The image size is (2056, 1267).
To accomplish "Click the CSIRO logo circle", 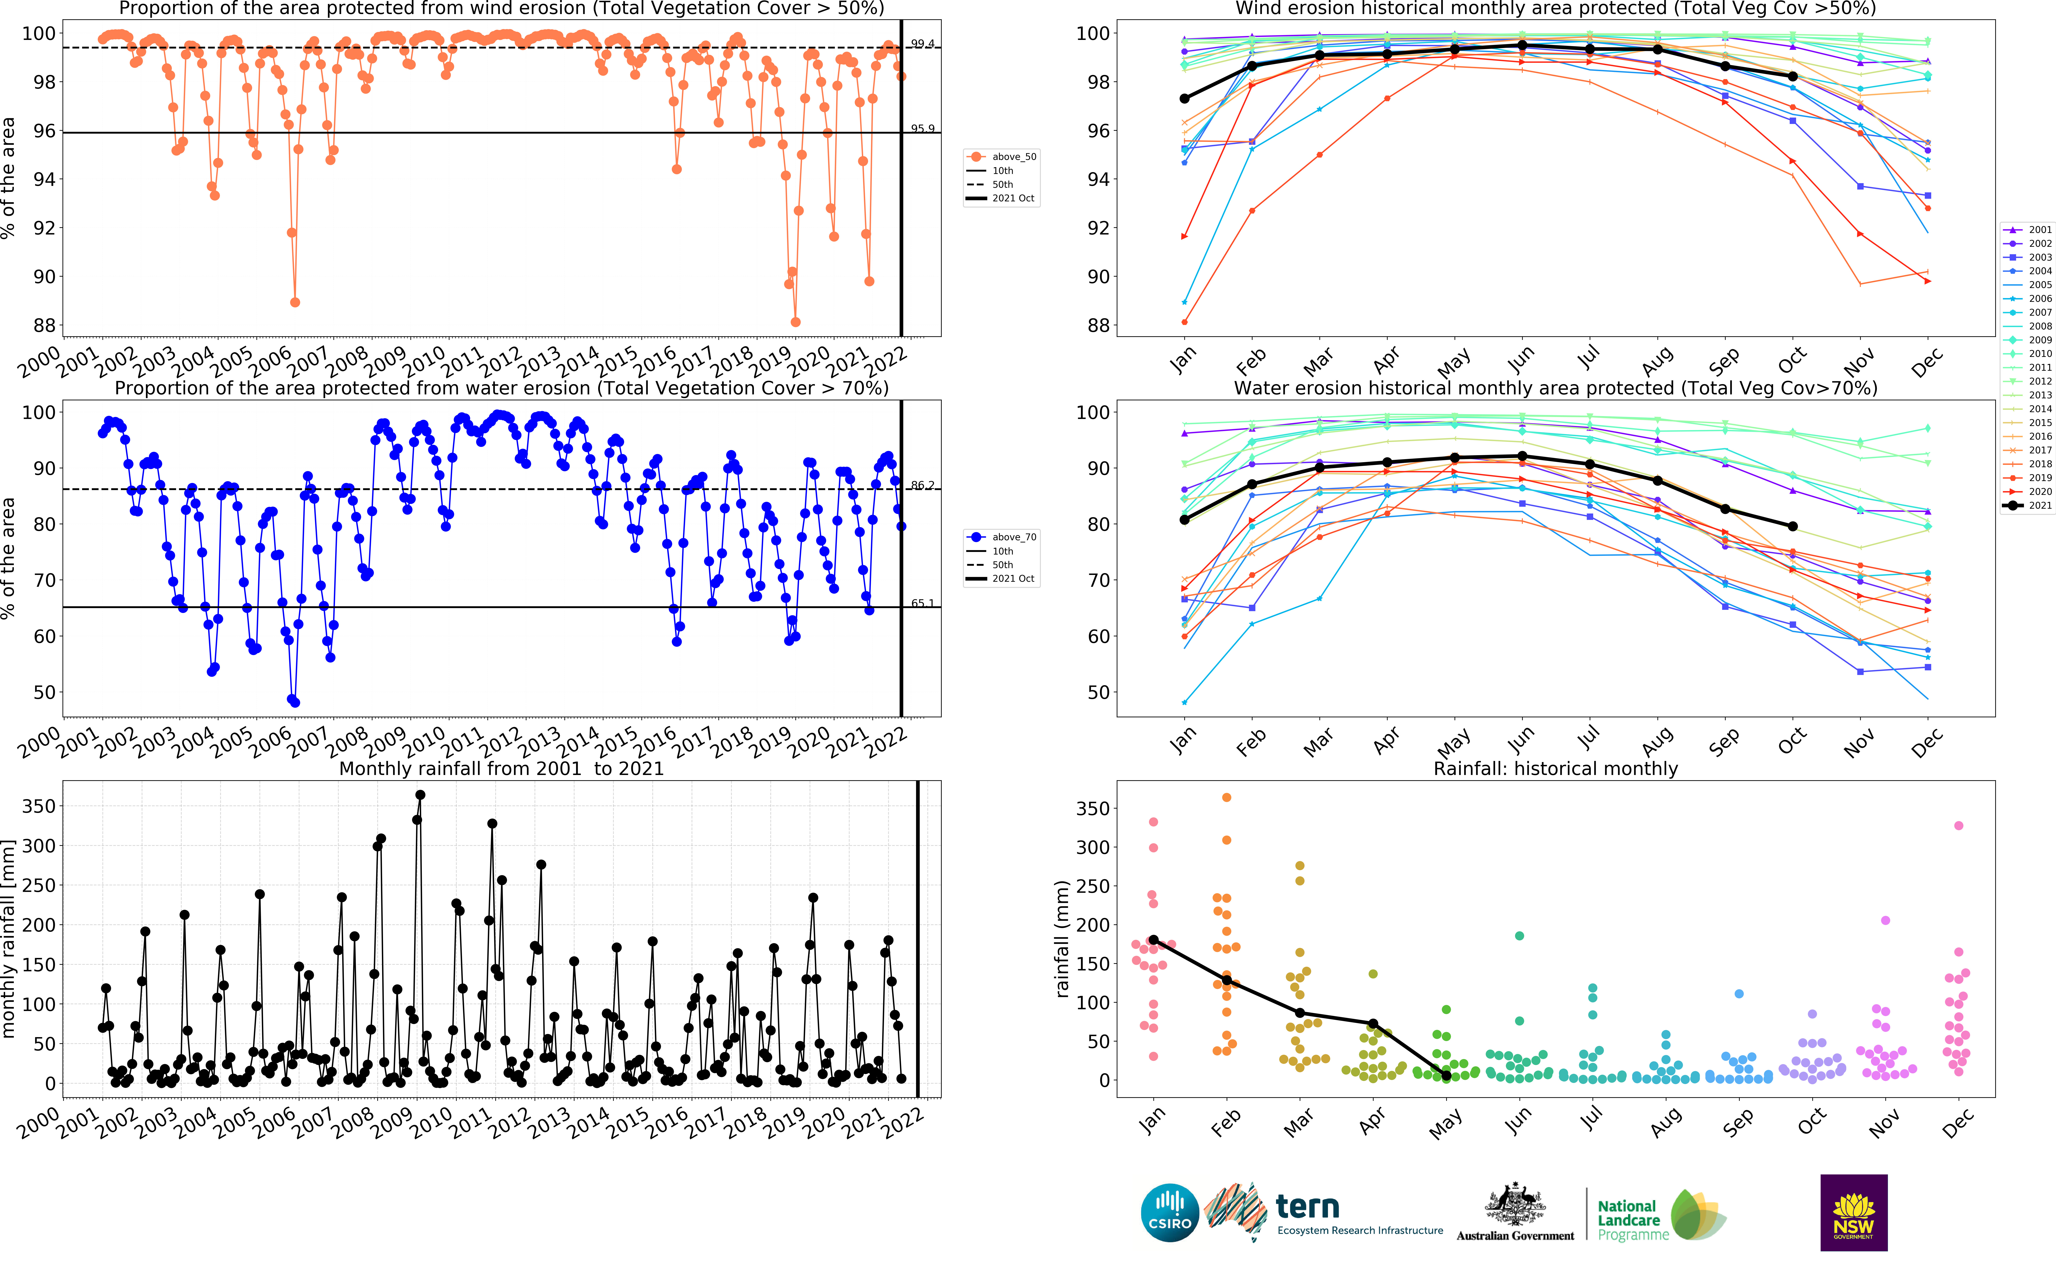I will point(1170,1213).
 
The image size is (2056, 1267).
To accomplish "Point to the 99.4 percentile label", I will point(922,44).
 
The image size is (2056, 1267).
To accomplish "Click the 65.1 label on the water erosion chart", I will point(922,603).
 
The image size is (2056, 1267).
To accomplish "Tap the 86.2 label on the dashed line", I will point(922,485).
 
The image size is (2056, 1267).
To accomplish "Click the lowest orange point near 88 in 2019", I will point(795,322).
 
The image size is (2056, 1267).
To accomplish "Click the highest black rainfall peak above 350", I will point(420,794).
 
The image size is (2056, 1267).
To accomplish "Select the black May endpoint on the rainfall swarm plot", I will point(1446,1075).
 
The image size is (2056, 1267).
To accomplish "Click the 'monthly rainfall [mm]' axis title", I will point(9,940).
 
